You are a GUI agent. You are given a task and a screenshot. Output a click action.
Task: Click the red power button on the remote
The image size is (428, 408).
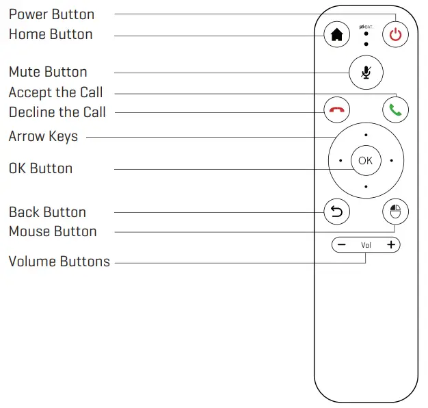coord(395,35)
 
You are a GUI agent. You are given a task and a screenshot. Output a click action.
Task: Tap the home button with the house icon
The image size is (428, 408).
coord(336,35)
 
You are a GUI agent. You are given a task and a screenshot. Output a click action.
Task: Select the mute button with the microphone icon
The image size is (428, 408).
coord(366,72)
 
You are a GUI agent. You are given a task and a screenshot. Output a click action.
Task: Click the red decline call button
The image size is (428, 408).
coord(336,110)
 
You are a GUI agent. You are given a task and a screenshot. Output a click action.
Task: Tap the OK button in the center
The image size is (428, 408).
coord(366,160)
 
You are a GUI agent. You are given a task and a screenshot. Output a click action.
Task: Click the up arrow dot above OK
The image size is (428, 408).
coord(366,135)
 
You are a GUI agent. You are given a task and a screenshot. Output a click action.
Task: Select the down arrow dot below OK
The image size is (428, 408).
coord(366,186)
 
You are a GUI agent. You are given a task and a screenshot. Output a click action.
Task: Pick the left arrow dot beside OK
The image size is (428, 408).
coord(340,161)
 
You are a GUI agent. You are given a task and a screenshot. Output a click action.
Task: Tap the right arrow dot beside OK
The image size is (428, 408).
coord(391,161)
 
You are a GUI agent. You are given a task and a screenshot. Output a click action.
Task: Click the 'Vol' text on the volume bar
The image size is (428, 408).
coord(366,245)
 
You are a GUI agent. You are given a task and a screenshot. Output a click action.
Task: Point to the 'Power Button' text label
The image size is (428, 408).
coord(51,14)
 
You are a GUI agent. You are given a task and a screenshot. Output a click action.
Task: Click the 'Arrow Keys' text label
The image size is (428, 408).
coord(43,136)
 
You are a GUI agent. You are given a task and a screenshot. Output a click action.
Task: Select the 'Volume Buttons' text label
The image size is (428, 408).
coord(59,262)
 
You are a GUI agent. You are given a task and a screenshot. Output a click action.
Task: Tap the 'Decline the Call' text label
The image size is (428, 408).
coord(57,112)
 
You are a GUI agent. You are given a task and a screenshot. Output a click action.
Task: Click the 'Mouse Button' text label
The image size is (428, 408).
coord(53,231)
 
